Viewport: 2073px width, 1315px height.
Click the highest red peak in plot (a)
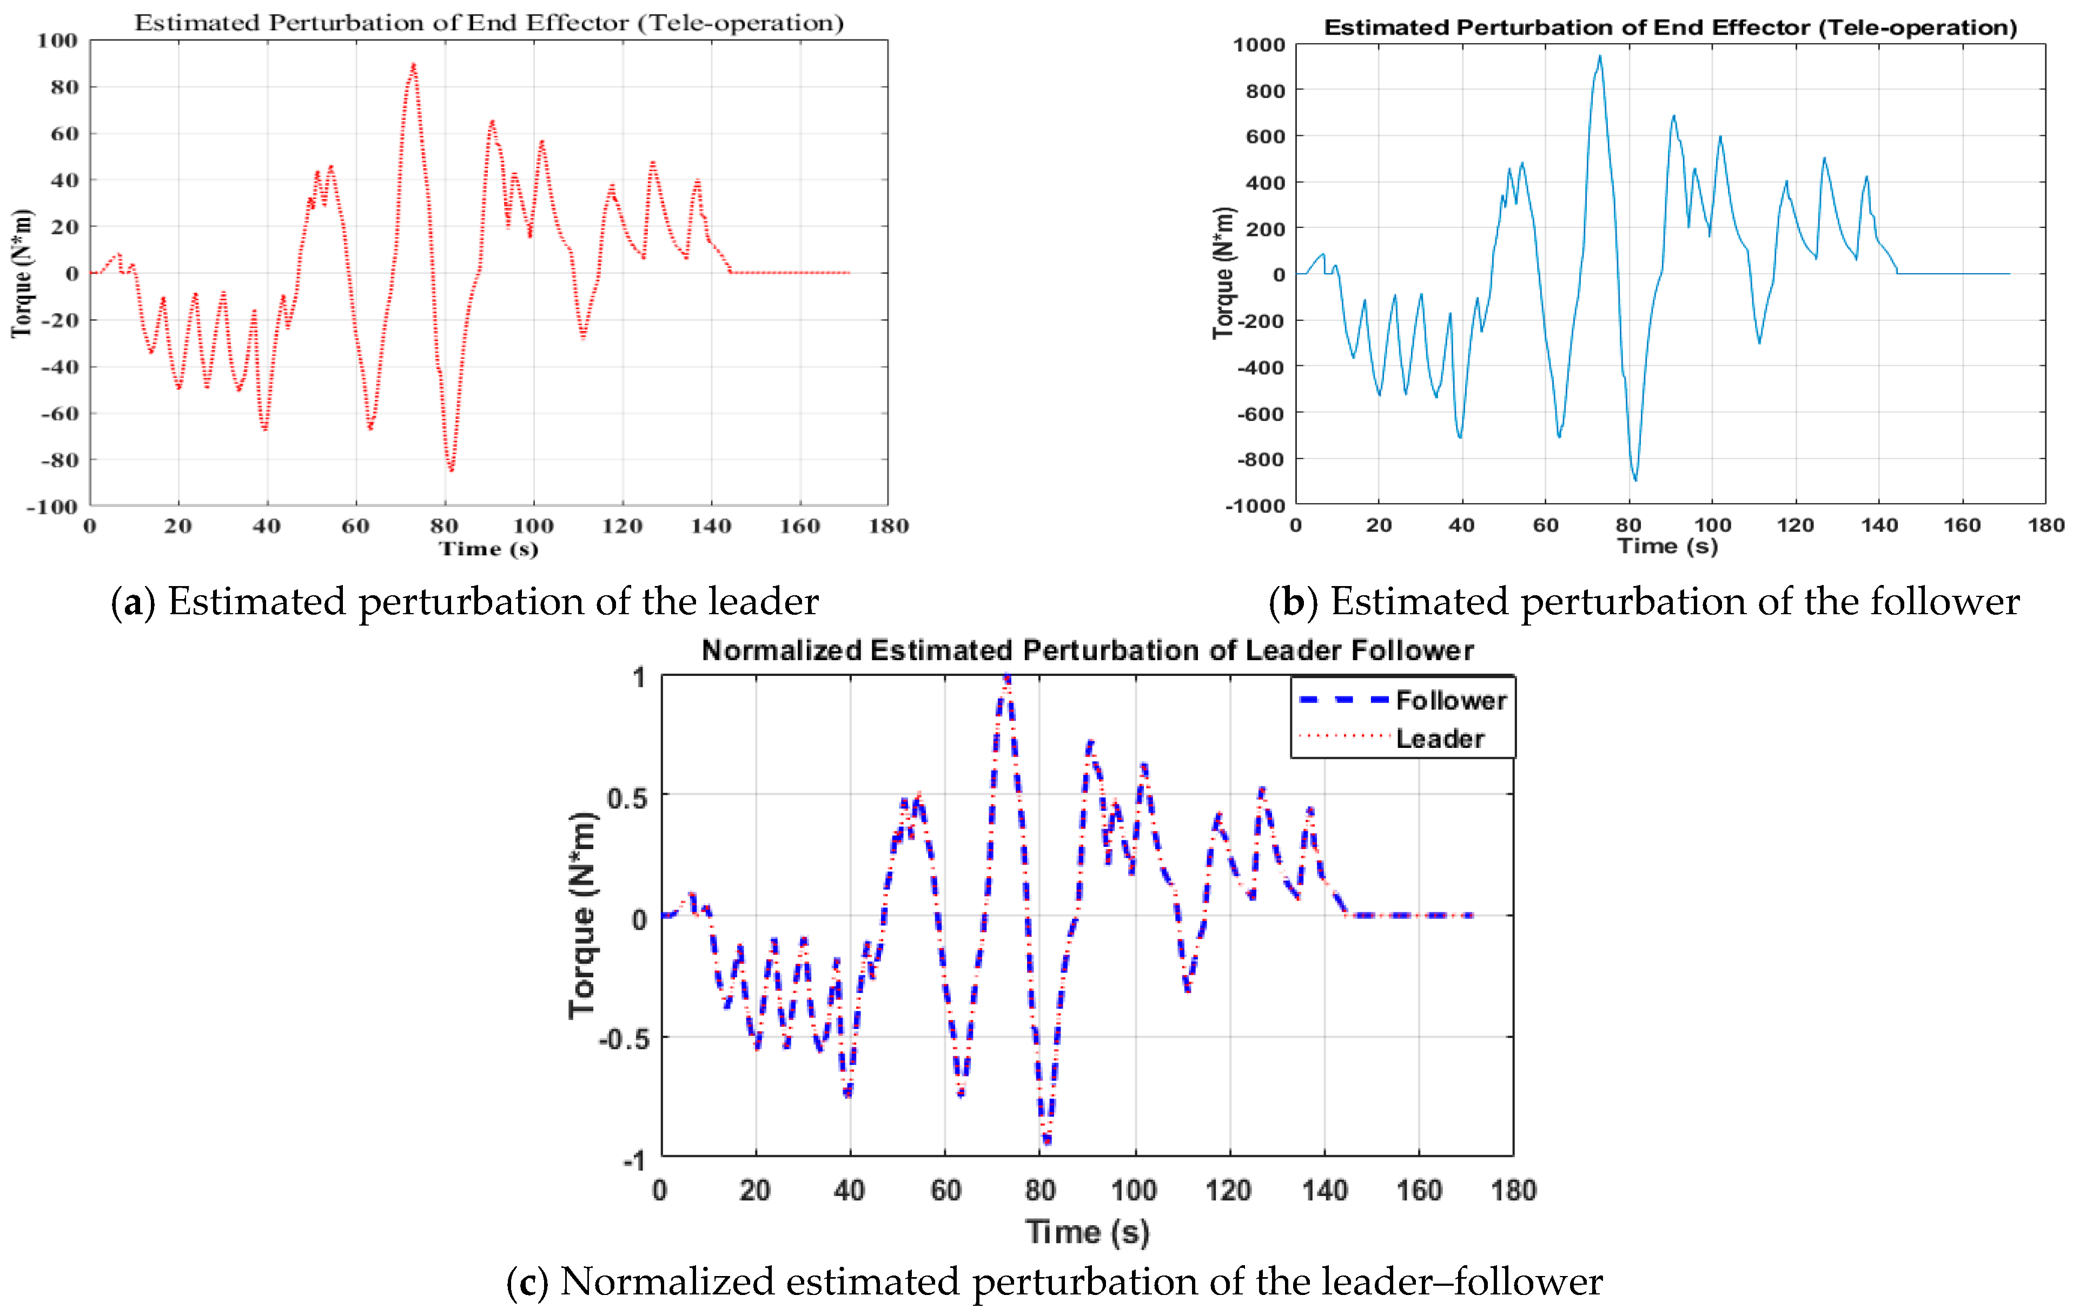point(413,64)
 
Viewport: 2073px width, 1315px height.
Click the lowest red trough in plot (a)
point(451,469)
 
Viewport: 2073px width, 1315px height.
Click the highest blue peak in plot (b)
point(1600,57)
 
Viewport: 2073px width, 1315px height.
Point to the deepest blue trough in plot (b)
point(1635,479)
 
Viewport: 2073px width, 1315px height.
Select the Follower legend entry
point(1451,700)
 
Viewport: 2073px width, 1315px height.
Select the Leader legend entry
point(1439,738)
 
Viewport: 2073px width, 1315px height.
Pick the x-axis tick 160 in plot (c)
point(1418,1190)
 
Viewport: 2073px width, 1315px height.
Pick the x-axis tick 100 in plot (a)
point(533,526)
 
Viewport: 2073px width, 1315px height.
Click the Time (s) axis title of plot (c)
point(1087,1232)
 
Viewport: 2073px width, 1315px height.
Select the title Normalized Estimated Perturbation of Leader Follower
point(1087,650)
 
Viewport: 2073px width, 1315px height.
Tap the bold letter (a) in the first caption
point(133,602)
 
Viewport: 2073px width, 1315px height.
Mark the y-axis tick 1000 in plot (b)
point(1258,45)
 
